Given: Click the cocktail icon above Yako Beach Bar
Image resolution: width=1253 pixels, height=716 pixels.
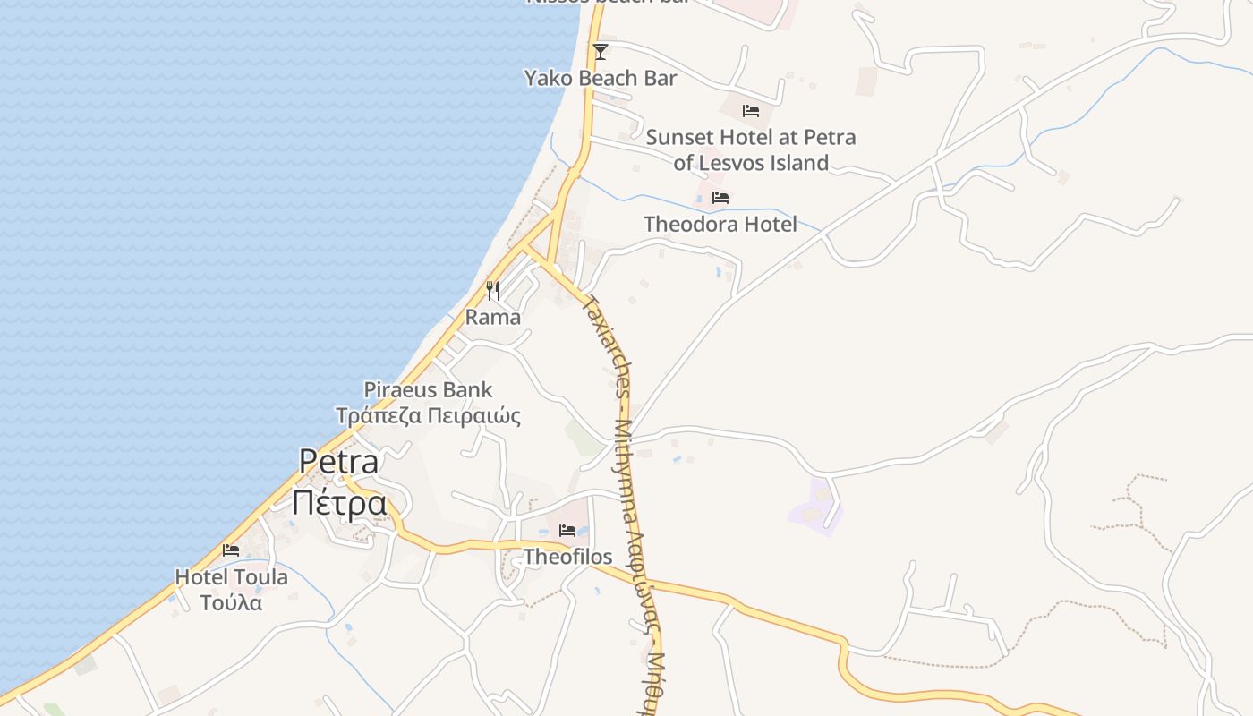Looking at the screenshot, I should (601, 52).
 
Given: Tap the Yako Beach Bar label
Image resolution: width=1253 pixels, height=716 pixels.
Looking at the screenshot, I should (601, 79).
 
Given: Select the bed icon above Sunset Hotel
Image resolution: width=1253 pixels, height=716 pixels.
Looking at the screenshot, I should (751, 111).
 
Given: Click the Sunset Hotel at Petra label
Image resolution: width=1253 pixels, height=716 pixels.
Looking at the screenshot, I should (751, 138).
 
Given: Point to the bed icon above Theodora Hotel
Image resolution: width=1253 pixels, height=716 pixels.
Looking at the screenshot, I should (720, 198).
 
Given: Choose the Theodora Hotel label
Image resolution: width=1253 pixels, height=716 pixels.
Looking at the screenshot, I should (720, 225).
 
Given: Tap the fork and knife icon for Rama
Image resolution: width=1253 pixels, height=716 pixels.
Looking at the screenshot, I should (493, 290).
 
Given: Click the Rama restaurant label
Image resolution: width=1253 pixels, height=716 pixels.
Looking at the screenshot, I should (493, 318).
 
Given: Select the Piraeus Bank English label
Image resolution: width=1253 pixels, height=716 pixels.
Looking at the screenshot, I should (428, 390).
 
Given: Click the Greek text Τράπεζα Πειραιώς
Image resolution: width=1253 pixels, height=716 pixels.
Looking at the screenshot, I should (428, 416).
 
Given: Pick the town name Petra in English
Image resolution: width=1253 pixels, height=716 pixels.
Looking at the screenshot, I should (339, 462).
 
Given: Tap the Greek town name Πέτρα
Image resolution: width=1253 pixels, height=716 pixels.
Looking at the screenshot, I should (339, 503).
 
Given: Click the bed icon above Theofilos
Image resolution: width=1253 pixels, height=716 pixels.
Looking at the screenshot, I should (567, 531).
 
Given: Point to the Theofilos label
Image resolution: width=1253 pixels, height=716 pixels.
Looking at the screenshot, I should (567, 558).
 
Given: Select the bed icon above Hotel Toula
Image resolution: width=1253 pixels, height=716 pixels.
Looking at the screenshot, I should (231, 550).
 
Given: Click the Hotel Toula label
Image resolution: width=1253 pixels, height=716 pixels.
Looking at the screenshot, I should (231, 577).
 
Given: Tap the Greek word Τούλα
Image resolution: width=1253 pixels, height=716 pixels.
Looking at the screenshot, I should (231, 603).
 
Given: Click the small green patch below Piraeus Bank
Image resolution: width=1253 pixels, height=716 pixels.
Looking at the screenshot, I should (584, 438).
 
